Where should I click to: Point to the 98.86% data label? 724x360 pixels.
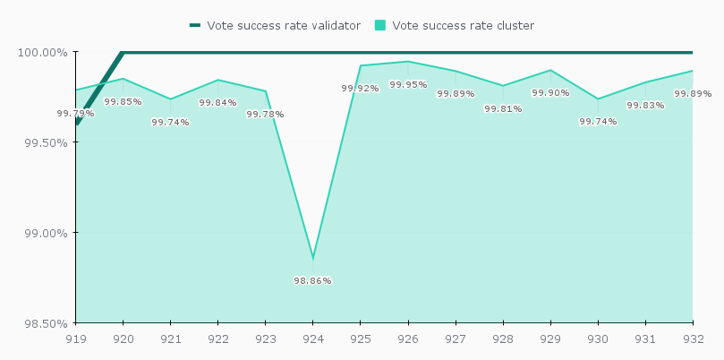[x=312, y=280]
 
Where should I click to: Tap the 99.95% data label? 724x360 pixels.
[x=408, y=84]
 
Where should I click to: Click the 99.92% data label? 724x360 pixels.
[x=360, y=88]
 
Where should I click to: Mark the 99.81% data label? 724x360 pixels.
[x=503, y=108]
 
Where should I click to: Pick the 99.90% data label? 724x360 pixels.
[x=550, y=92]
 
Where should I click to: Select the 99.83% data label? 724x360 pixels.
[x=645, y=105]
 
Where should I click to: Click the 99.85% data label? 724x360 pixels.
[x=123, y=101]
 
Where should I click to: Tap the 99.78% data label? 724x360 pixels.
[x=265, y=114]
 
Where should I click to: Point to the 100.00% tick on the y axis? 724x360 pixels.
[x=42, y=52]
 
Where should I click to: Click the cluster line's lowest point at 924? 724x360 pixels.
[x=312, y=258]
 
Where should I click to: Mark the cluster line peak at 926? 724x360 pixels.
[x=408, y=62]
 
